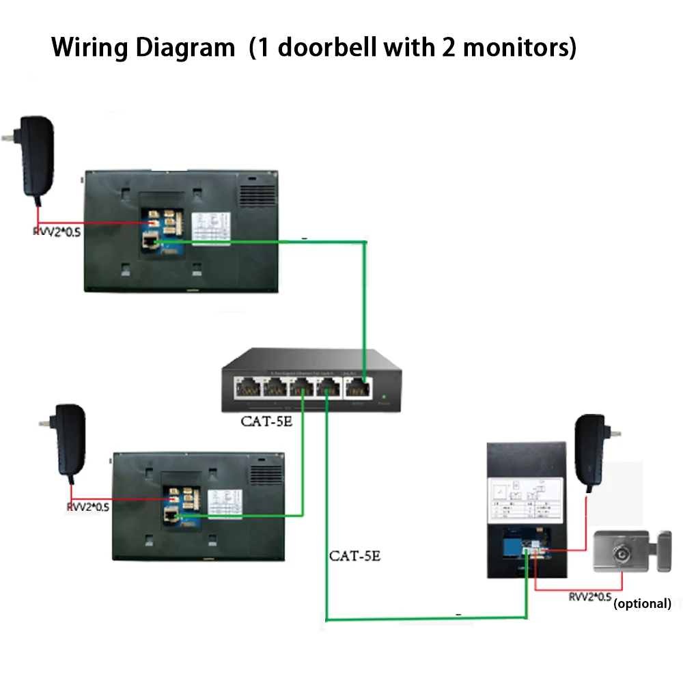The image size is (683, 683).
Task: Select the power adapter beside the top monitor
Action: (x=35, y=158)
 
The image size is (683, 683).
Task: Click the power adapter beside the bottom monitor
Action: (x=69, y=440)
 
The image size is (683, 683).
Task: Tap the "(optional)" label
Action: (x=642, y=603)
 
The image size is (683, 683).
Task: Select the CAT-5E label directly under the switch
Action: (x=266, y=421)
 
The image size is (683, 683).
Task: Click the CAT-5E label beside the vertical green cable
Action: (x=354, y=555)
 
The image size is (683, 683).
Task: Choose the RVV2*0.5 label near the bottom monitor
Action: (x=88, y=507)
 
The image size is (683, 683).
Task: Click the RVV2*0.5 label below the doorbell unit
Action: (x=589, y=597)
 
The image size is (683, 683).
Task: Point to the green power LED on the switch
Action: (x=385, y=395)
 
